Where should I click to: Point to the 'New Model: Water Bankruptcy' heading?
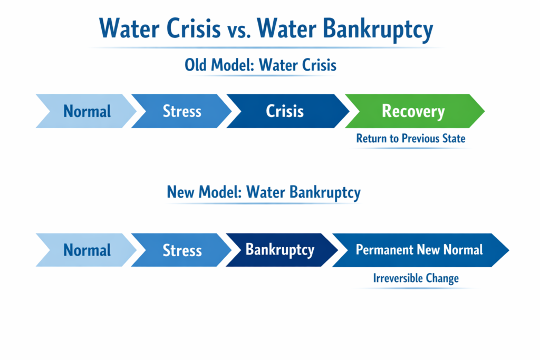coord(264,192)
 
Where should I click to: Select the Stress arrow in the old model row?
coord(182,111)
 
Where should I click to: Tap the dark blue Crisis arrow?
coord(285,111)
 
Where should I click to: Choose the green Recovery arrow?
coord(413,111)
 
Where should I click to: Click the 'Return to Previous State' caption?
coord(411,139)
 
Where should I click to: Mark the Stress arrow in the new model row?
coord(182,249)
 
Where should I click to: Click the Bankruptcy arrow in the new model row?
coord(280,249)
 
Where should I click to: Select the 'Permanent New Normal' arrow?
coord(419,249)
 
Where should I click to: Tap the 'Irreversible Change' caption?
coord(416,278)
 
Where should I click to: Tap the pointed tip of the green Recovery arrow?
coord(481,111)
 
